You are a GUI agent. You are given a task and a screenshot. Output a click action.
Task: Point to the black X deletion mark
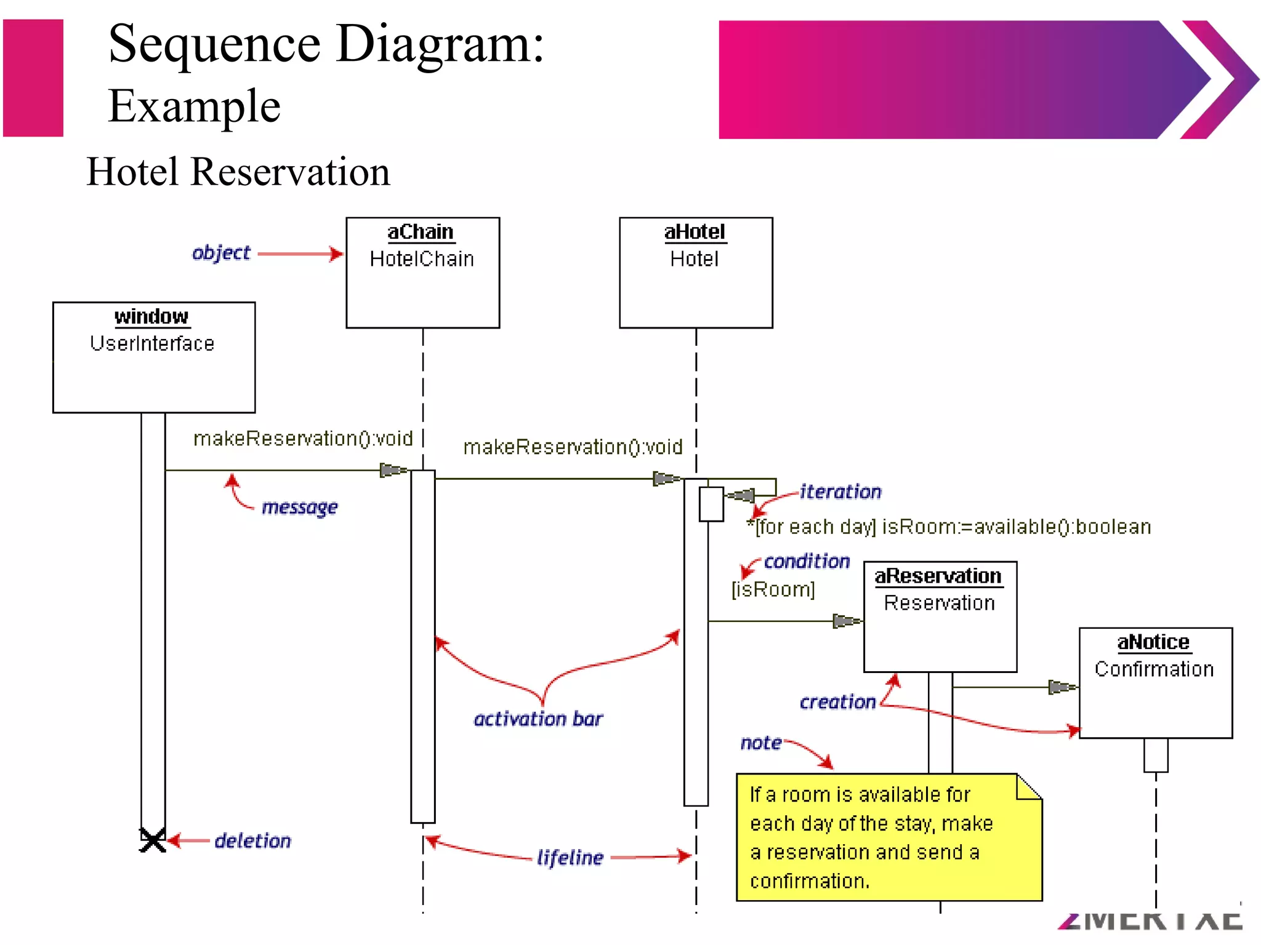point(153,840)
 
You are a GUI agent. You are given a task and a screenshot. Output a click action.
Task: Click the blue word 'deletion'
point(252,840)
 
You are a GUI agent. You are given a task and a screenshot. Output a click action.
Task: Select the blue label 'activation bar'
point(538,719)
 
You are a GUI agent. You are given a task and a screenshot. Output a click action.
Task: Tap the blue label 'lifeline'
point(570,857)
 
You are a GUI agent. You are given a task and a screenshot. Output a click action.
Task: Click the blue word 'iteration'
point(840,492)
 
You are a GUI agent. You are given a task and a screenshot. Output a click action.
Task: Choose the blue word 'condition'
point(807,561)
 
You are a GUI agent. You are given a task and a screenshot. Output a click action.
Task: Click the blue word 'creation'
point(837,702)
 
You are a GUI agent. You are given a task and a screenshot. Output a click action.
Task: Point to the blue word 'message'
point(300,507)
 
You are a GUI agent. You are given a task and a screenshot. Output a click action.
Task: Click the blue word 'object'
point(221,252)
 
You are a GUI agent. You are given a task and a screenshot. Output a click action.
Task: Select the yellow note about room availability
point(888,837)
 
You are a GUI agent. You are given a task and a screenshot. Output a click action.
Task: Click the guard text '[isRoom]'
point(773,589)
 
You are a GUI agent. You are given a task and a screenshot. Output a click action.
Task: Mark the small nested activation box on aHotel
point(711,504)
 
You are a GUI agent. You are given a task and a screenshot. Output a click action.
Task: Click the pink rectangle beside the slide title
point(33,78)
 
